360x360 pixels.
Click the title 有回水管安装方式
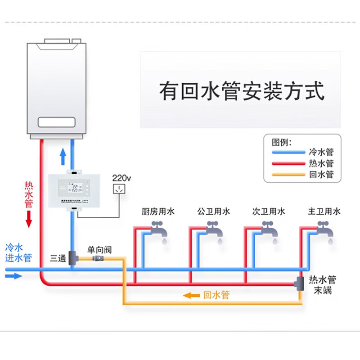pos(242,91)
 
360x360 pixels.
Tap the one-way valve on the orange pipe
pos(98,258)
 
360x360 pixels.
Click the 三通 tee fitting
pos(72,258)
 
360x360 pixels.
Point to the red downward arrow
pos(29,218)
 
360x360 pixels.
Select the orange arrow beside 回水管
pos(192,295)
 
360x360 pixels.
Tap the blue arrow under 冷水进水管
pos(13,275)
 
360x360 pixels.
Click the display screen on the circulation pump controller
pos(72,186)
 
